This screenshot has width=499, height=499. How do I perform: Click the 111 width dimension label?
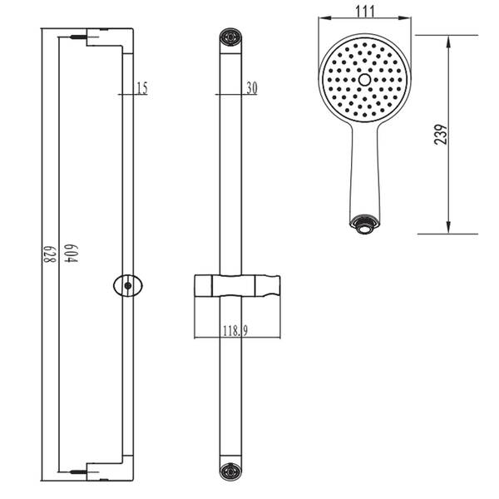tap(365, 12)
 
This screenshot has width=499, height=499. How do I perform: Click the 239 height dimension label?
tap(441, 135)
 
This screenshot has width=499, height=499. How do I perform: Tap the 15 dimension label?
tap(142, 88)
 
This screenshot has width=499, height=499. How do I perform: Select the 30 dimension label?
tap(252, 88)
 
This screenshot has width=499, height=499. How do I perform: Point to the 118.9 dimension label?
tap(235, 331)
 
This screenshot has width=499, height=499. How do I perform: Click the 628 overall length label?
tap(49, 254)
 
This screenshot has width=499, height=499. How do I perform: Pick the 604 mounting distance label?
tap(71, 253)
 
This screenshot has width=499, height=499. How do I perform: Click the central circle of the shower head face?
tap(364, 80)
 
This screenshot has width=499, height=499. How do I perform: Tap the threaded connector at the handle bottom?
tap(364, 225)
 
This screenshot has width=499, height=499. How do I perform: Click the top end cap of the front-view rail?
tap(230, 37)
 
